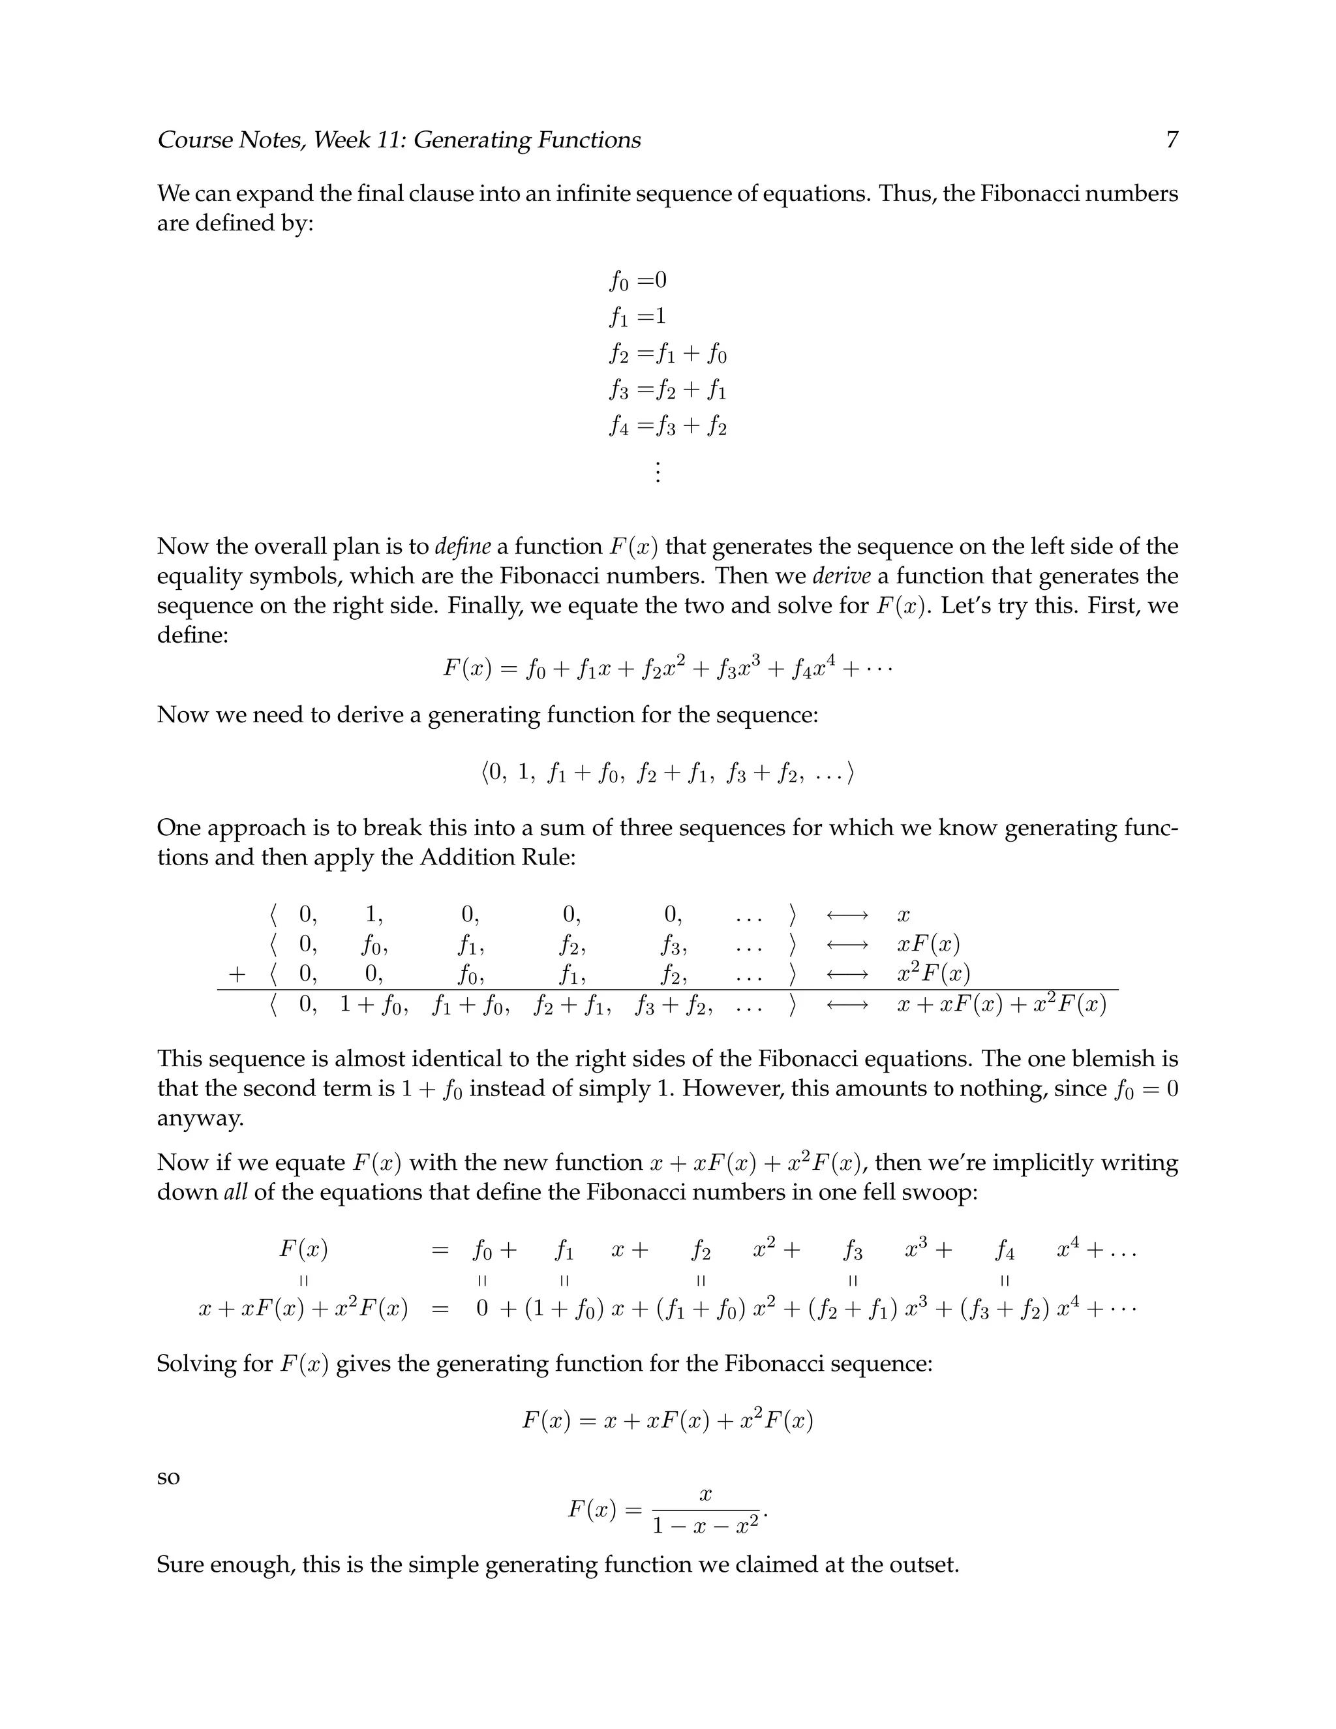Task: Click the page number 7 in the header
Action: click(x=1172, y=140)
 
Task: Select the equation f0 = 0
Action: click(x=638, y=281)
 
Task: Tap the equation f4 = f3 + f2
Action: click(x=667, y=426)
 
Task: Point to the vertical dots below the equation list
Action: click(x=657, y=472)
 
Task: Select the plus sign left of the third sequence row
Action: click(x=236, y=973)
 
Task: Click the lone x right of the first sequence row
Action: click(x=903, y=916)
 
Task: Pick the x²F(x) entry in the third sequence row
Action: click(x=933, y=973)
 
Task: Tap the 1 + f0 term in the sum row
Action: click(x=374, y=1005)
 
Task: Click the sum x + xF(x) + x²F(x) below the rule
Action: click(x=1001, y=1005)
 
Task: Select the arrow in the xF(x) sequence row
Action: click(x=847, y=945)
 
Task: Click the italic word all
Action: click(x=235, y=1191)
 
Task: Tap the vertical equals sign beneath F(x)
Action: click(x=303, y=1280)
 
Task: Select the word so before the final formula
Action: click(x=168, y=1478)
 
